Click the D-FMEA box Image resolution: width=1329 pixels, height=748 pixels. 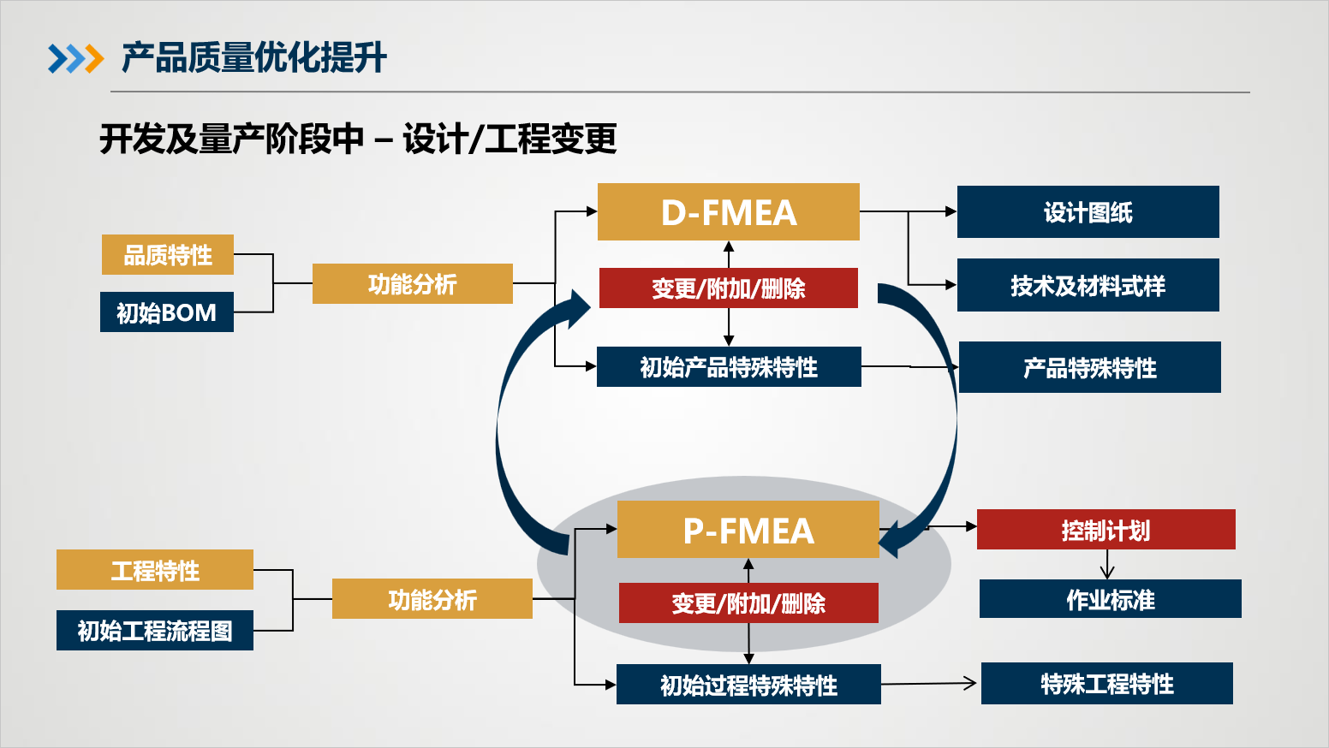pos(728,212)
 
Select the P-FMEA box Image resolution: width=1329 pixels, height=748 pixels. pos(748,530)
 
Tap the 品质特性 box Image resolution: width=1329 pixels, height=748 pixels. pos(168,255)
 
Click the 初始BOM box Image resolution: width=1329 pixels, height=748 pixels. pos(167,312)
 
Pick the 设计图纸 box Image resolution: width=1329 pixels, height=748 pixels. pos(1088,212)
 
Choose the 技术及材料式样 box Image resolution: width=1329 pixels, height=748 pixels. pos(1088,285)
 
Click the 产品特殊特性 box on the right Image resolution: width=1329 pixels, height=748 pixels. pos(1089,367)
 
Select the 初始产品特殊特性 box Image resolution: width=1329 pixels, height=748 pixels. pos(729,367)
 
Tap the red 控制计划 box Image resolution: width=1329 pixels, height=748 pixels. pos(1106,530)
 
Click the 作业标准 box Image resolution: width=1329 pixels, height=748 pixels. pos(1110,599)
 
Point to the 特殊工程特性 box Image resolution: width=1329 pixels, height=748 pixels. pos(1106,684)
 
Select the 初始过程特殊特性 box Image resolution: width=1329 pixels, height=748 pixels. pos(748,685)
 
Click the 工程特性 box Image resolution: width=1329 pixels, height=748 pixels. pos(155,570)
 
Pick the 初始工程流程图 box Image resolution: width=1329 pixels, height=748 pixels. pos(155,631)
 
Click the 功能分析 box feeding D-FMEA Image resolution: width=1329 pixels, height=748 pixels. pos(412,284)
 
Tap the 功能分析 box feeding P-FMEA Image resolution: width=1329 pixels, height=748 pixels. pos(432,599)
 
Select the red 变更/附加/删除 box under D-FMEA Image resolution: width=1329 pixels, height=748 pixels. pos(728,288)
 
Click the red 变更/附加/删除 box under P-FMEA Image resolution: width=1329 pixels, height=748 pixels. pos(748,603)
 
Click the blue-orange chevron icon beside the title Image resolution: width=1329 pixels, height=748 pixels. pos(75,59)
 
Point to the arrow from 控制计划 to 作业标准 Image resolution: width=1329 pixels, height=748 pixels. pos(1106,565)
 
